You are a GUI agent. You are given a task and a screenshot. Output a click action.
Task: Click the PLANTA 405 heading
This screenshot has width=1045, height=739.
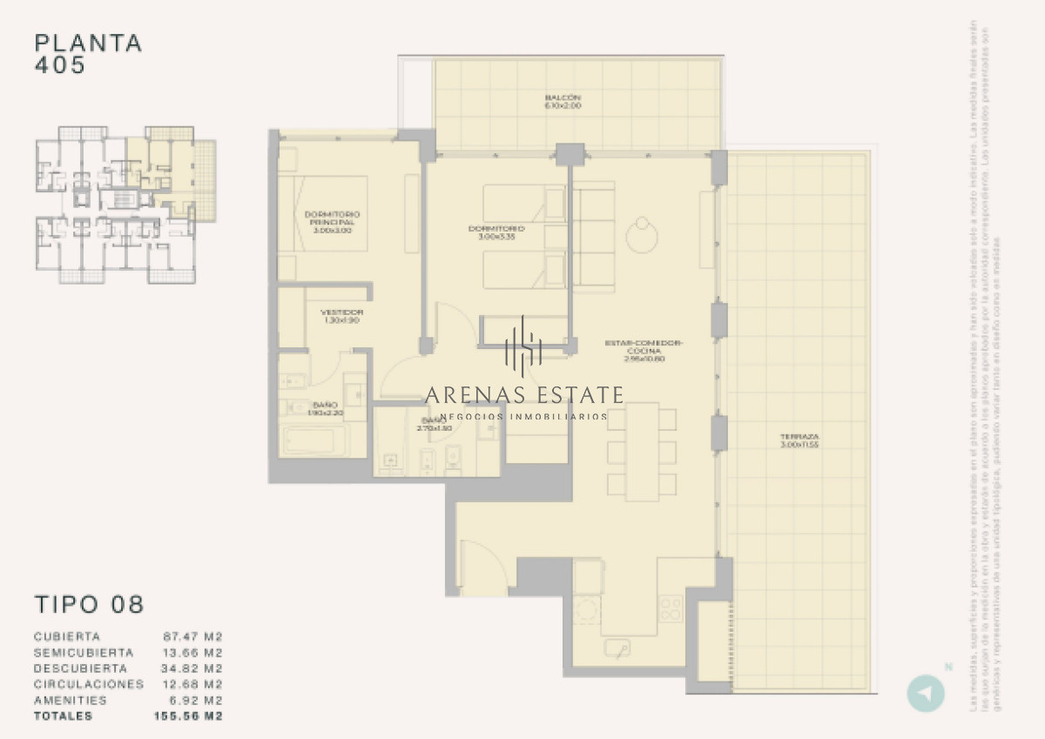click(x=87, y=53)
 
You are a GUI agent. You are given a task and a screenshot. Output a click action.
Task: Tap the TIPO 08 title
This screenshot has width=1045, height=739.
click(x=89, y=604)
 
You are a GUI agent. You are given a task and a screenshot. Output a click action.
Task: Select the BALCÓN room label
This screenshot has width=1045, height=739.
click(x=563, y=101)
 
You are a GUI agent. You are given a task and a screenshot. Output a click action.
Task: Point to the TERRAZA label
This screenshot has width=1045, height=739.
click(x=800, y=440)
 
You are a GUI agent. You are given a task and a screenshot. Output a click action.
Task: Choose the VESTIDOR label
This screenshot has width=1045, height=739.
click(x=341, y=315)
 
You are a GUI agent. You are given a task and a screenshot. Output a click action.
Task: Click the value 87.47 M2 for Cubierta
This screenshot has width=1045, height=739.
click(x=193, y=636)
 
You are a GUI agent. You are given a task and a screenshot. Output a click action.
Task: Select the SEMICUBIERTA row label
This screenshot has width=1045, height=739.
click(x=84, y=652)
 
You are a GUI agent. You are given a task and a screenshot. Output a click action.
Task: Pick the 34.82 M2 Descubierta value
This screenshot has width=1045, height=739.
click(x=193, y=668)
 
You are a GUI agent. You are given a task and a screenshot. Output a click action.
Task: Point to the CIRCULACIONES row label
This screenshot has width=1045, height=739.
click(x=89, y=684)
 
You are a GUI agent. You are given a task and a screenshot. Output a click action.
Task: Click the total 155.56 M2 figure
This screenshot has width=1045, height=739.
click(x=188, y=716)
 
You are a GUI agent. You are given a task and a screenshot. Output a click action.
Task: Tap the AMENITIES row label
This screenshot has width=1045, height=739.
click(x=71, y=700)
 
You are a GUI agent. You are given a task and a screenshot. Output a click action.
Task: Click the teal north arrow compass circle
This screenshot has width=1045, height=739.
click(x=925, y=694)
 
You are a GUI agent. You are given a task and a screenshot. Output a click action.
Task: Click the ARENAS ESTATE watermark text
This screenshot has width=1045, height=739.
click(x=524, y=395)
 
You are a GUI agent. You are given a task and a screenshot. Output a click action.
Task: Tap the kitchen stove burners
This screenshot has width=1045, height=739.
click(x=670, y=607)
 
